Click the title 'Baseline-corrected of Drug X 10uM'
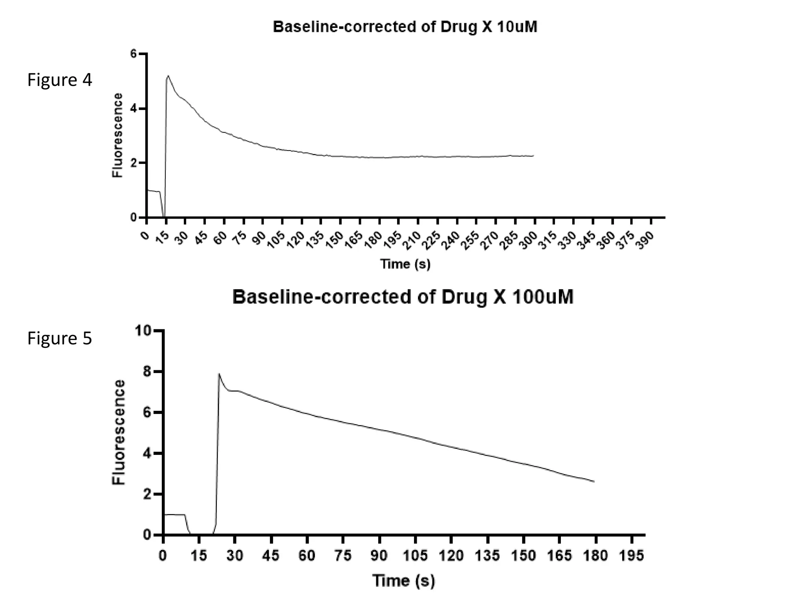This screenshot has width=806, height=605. point(405,27)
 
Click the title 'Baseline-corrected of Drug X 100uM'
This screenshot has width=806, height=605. point(403,297)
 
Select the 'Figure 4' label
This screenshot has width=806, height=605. point(59,80)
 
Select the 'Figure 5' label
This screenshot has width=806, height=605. point(59,338)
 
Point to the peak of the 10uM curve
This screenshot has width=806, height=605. point(168,76)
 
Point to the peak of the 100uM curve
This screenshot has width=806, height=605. point(219,373)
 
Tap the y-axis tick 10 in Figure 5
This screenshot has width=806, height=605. point(143,330)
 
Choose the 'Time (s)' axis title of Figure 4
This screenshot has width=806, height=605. point(405,264)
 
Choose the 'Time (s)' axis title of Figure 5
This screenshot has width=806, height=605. point(404,581)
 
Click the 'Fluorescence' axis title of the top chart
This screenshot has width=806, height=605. point(117,135)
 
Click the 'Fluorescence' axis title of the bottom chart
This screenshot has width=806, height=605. point(118,432)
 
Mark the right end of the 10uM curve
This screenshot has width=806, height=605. point(533,156)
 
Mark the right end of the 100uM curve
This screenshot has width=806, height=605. point(594,481)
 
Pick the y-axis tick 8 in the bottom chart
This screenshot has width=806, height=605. point(147,371)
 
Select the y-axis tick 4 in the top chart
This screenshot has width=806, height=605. point(133,108)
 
